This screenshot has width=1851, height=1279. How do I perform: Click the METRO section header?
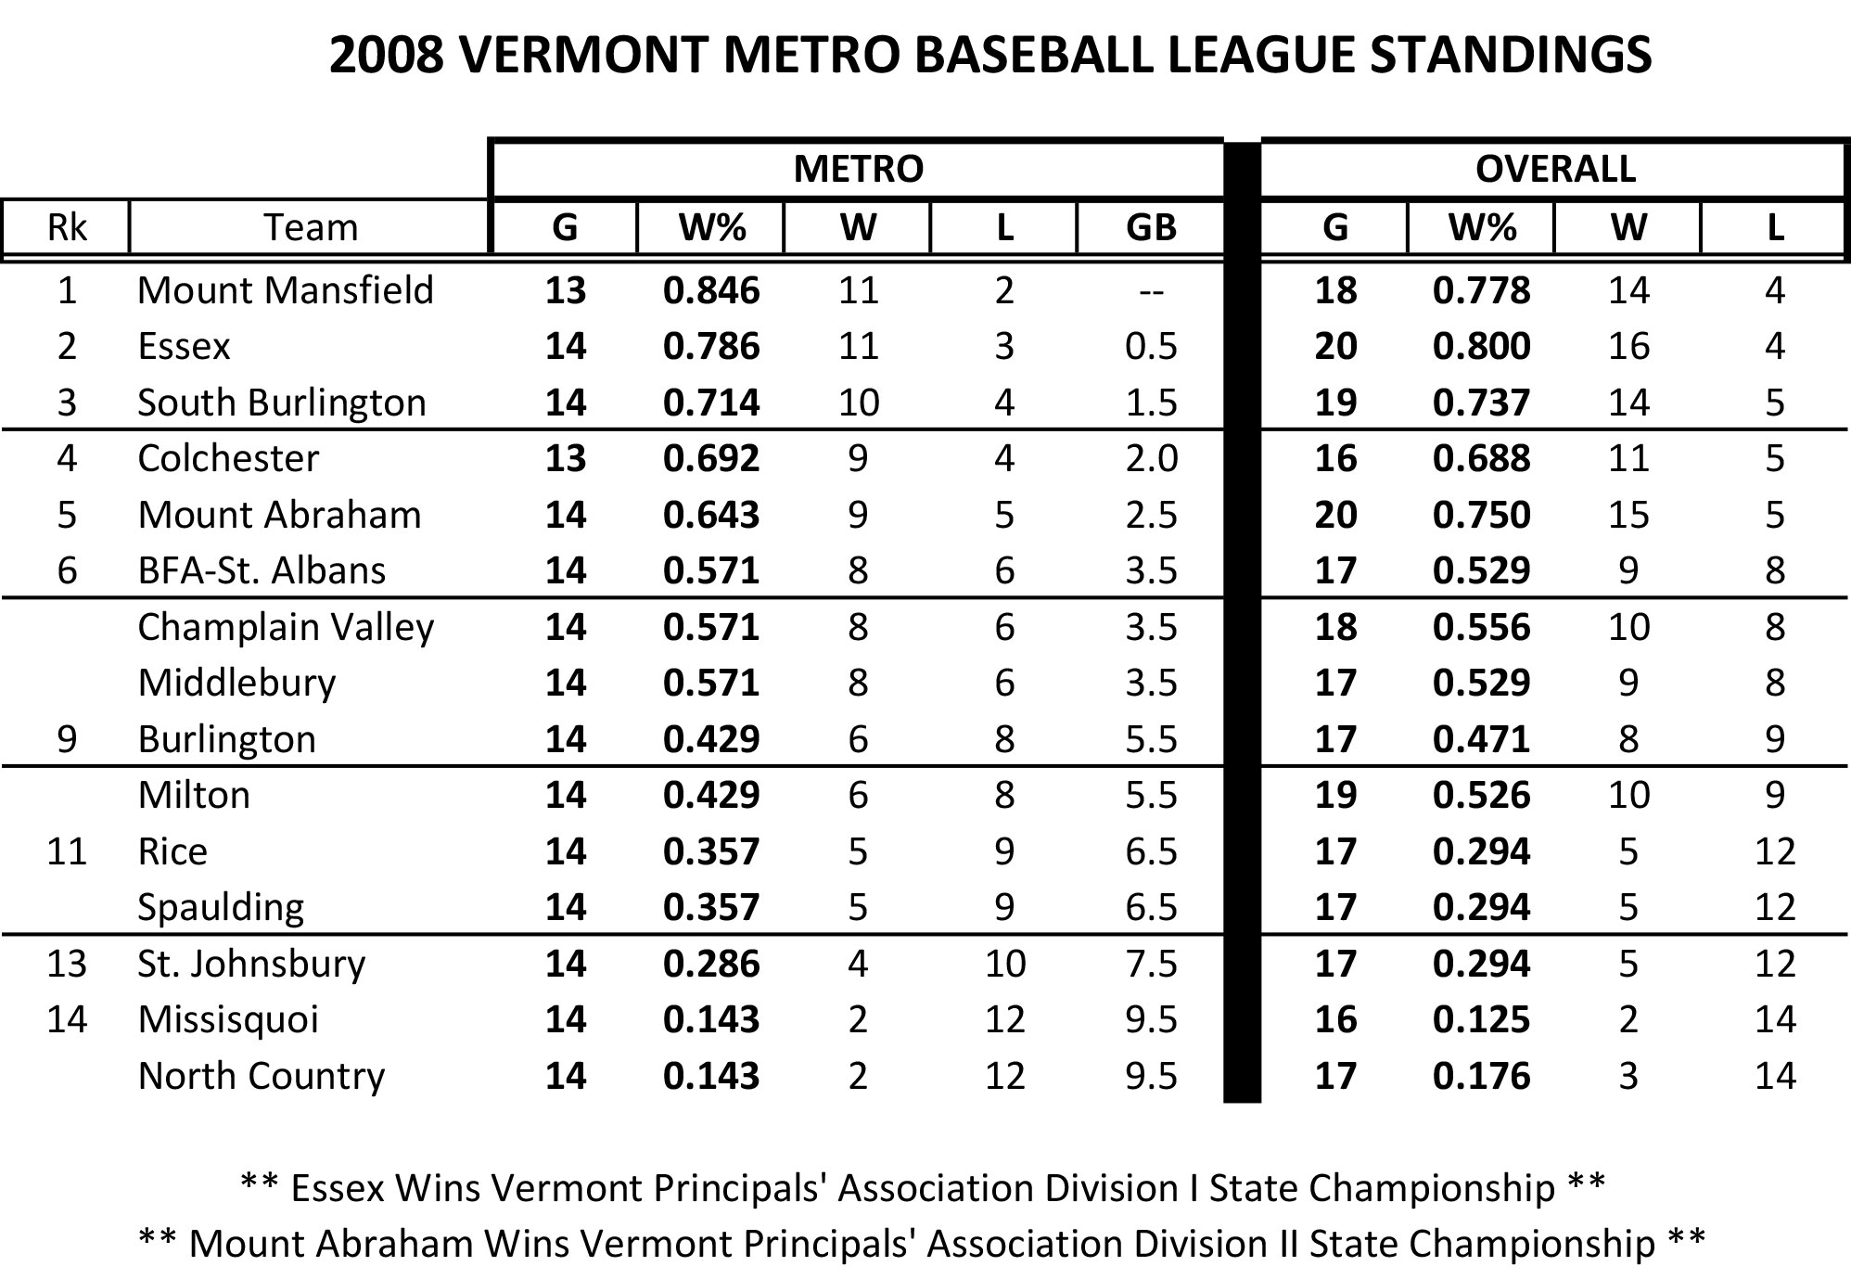[x=858, y=169]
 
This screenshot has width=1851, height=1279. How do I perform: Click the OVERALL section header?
[x=1555, y=169]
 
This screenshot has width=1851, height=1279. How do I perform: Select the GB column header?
[x=1151, y=227]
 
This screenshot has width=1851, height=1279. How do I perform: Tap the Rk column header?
[x=66, y=227]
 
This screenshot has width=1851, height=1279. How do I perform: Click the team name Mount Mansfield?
[x=285, y=290]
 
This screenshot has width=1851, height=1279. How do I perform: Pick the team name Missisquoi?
[x=227, y=1019]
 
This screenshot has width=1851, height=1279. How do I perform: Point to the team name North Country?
[x=261, y=1076]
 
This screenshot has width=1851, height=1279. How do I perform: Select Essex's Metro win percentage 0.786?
[x=711, y=346]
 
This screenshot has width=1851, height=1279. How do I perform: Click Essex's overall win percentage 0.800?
[x=1481, y=346]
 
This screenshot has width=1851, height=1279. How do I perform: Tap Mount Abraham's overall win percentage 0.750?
[x=1481, y=515]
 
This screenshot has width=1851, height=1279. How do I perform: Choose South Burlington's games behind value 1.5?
[x=1151, y=403]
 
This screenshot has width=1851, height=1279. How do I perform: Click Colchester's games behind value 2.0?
[x=1151, y=458]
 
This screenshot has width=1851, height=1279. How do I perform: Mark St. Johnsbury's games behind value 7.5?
[x=1151, y=964]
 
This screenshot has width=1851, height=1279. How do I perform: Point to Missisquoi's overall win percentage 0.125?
[x=1481, y=1019]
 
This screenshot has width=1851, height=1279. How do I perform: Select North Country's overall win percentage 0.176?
[x=1481, y=1076]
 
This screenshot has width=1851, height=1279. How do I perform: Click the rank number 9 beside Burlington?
[x=66, y=739]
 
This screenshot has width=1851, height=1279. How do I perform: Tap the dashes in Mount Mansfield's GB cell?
[x=1151, y=291]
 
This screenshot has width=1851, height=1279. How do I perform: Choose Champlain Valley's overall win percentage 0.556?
[x=1481, y=627]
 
